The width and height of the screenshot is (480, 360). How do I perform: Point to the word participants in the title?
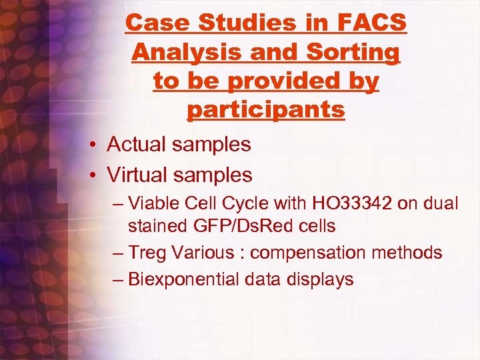(x=266, y=109)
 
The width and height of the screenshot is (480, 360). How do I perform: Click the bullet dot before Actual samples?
(x=97, y=145)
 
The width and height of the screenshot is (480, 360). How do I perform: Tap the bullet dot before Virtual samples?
(x=97, y=175)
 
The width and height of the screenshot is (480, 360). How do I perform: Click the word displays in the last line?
(x=317, y=279)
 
